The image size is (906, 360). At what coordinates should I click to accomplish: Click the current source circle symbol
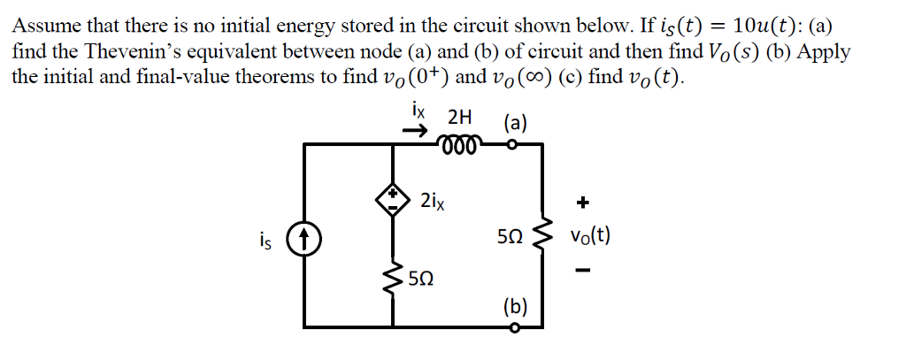coord(305,238)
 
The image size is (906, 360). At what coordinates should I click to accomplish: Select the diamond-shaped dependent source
coord(394,201)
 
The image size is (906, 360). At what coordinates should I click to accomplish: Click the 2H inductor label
coord(460,117)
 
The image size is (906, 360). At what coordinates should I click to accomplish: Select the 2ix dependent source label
coord(433,201)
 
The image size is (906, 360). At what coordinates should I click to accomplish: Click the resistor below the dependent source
coord(394,279)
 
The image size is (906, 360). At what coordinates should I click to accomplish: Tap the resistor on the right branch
coord(541,238)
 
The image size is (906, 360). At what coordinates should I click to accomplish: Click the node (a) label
coord(515,122)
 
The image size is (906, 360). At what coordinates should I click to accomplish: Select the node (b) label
coord(515,307)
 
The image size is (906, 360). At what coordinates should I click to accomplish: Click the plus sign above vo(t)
coord(582,203)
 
